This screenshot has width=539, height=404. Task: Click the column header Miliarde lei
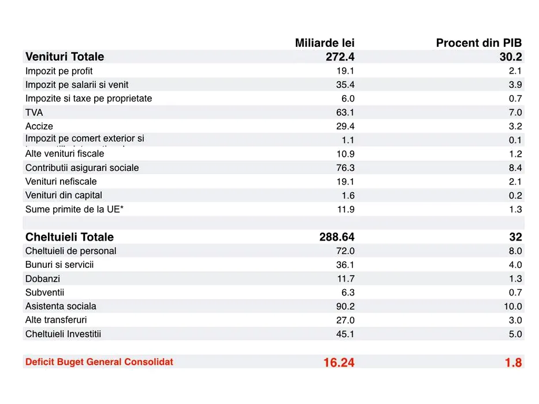[x=325, y=43]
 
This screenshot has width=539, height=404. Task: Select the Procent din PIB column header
[x=478, y=43]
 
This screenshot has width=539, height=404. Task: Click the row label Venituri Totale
[x=65, y=57]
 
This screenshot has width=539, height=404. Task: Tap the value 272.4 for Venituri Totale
[x=340, y=57]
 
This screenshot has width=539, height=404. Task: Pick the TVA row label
[x=34, y=113]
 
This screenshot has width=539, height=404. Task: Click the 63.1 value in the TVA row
[x=345, y=113]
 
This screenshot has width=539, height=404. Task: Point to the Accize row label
[x=39, y=126]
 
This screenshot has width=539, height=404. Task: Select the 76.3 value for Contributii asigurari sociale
[x=345, y=168]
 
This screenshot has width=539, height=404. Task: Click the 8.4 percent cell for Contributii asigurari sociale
[x=515, y=168]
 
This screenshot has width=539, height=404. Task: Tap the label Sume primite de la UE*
[x=75, y=209]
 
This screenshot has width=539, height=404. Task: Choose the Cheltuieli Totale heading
[x=69, y=237]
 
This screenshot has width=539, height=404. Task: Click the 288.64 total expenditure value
[x=337, y=237]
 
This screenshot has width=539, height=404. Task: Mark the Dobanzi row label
[x=43, y=279]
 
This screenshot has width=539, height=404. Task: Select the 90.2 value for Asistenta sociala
[x=345, y=306]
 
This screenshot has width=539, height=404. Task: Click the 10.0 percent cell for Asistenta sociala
[x=512, y=306]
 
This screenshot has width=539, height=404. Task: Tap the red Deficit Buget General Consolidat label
[x=99, y=362]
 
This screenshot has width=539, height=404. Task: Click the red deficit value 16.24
[x=339, y=362]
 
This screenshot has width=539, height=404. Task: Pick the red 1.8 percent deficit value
[x=513, y=362]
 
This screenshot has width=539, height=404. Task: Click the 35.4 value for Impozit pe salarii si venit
[x=345, y=85]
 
